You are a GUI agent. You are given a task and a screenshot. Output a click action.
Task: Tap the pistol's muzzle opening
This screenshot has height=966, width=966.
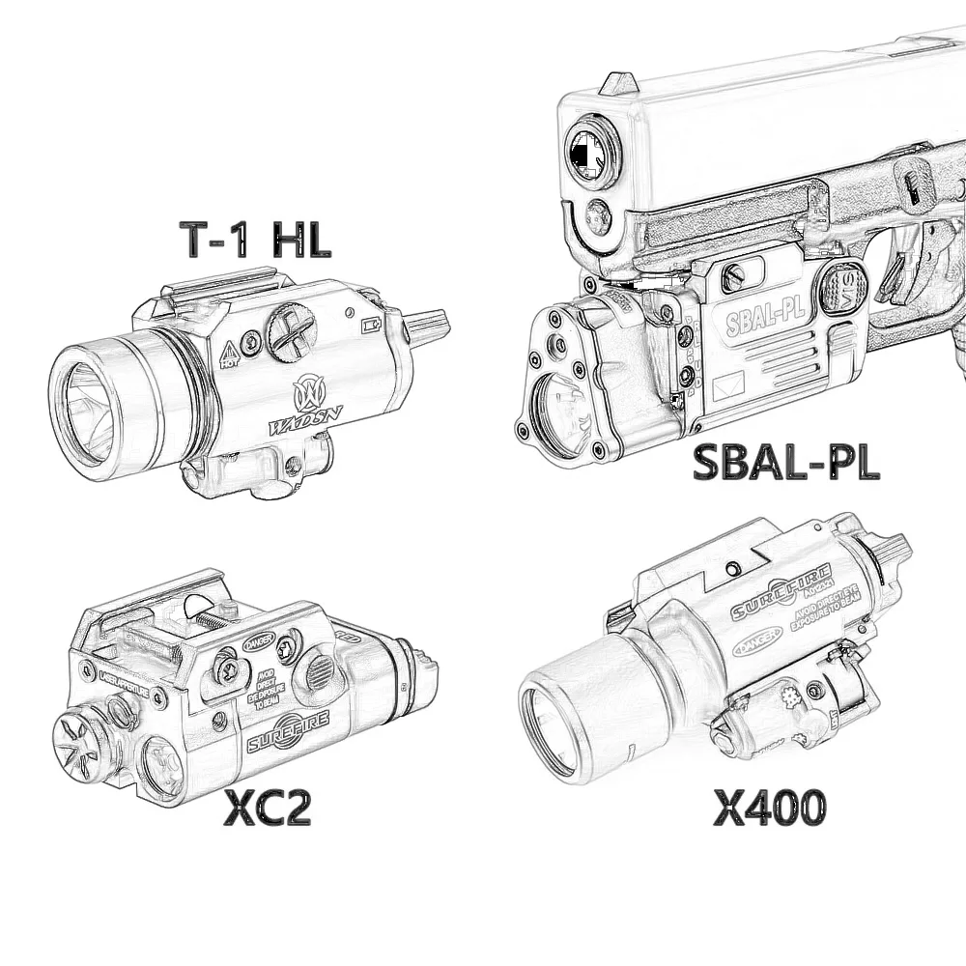pyautogui.click(x=591, y=152)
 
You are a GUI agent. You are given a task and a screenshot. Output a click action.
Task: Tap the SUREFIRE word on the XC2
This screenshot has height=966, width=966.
pyautogui.click(x=288, y=730)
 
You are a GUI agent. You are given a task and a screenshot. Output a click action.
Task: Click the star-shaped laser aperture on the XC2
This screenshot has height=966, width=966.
pyautogui.click(x=79, y=747)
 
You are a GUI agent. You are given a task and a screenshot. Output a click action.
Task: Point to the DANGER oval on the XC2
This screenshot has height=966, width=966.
pyautogui.click(x=259, y=640)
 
